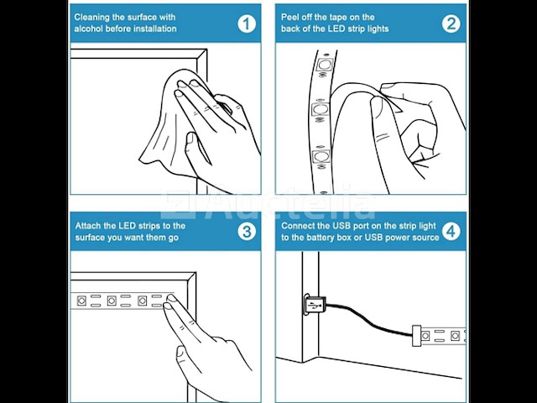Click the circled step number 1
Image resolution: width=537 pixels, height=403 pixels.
[x=247, y=24]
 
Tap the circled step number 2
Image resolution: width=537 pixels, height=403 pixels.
[x=451, y=24]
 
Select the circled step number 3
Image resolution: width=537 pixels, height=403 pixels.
[x=247, y=232]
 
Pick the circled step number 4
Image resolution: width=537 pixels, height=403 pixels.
[x=451, y=232]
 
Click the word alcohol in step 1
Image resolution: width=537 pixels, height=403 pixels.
[x=88, y=29]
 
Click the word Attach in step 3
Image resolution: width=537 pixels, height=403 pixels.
[x=87, y=226]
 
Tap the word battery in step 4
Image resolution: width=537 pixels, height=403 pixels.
[x=322, y=238]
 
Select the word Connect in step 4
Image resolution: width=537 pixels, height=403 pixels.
[x=297, y=226]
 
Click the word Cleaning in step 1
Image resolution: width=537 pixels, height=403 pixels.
[x=91, y=18]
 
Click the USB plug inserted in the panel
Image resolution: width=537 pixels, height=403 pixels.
[x=315, y=304]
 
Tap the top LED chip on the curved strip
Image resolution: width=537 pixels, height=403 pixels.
[x=324, y=65]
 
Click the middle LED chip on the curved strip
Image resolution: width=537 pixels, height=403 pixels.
[x=321, y=110]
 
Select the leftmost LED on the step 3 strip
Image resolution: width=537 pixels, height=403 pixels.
[x=81, y=301]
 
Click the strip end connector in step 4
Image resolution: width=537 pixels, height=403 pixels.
[x=416, y=335]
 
